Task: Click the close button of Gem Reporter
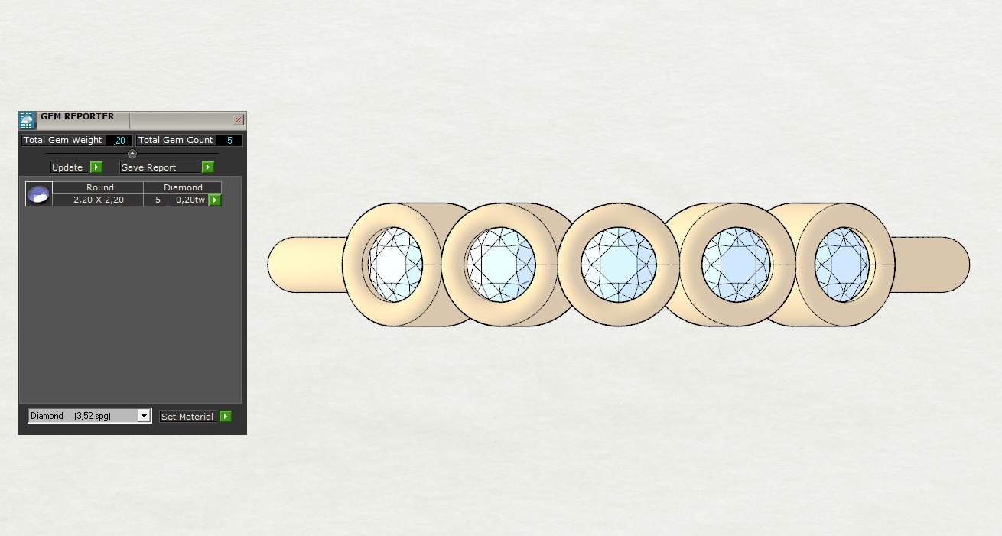239,120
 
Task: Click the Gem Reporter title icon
27,120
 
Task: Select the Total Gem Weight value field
119,141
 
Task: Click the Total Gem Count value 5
229,141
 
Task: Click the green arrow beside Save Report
207,167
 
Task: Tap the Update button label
67,167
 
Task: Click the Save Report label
149,167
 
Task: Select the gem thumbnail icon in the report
38,194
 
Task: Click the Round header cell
99,187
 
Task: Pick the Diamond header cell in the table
183,187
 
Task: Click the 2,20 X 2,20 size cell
99,200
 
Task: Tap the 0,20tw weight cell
190,200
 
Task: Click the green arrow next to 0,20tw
215,200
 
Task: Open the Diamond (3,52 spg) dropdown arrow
143,416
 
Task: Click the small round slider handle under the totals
132,154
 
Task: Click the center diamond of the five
618,265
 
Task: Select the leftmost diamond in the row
395,265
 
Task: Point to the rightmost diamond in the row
842,265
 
